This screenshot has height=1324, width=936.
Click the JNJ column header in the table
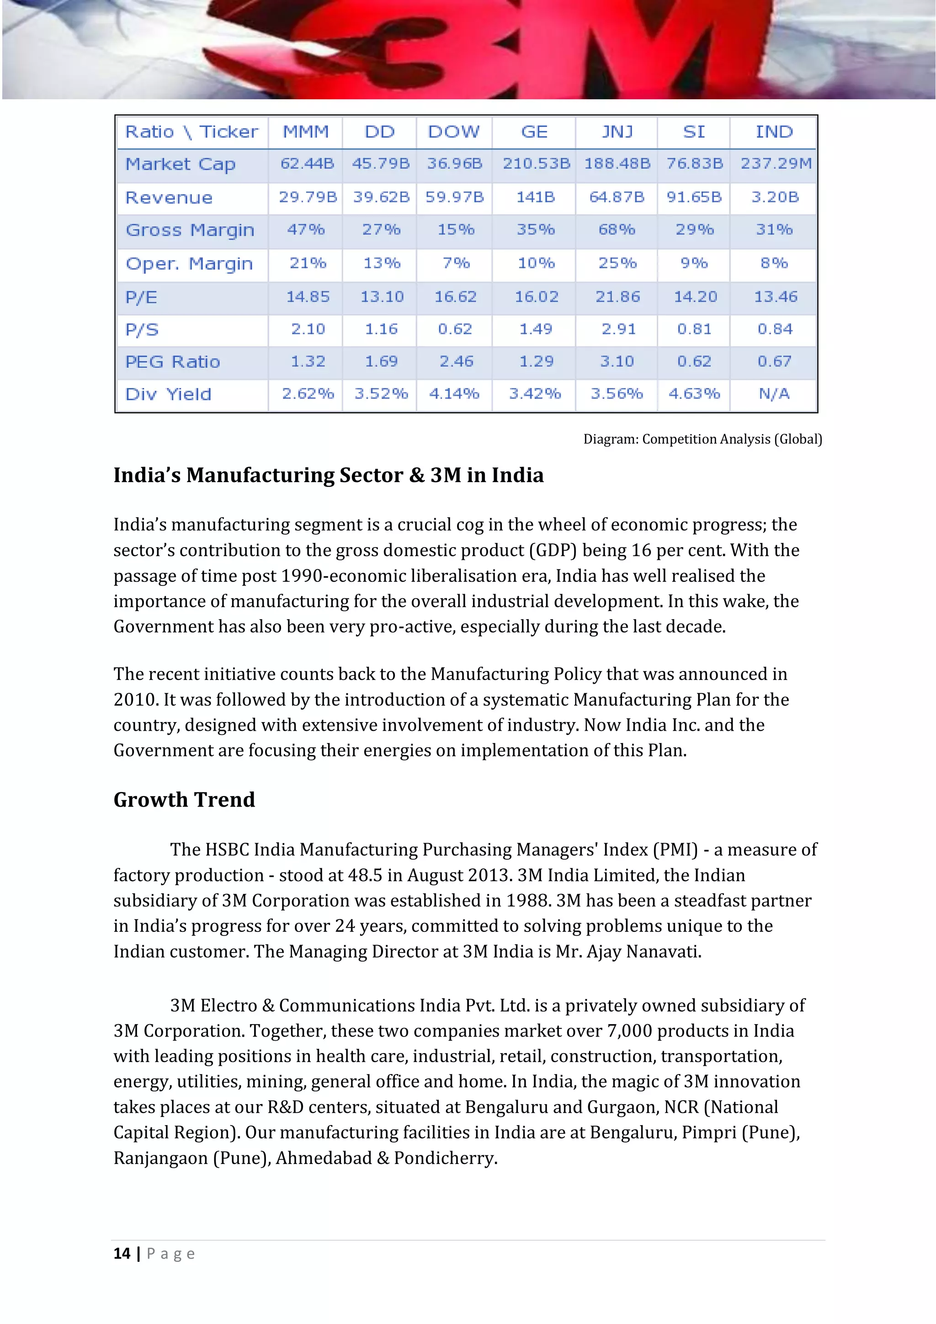tap(617, 132)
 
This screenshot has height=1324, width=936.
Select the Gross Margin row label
tap(190, 230)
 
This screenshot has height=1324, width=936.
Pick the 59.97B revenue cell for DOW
tap(454, 197)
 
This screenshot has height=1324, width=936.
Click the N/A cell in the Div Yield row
tap(774, 394)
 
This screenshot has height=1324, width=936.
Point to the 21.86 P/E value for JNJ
tap(617, 297)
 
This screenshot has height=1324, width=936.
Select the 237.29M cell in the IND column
tap(776, 164)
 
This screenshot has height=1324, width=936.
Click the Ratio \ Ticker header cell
tap(191, 132)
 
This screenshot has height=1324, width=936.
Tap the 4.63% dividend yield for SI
tap(694, 394)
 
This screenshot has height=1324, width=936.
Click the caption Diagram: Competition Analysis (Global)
tap(702, 439)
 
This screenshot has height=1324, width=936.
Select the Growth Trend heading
tap(184, 800)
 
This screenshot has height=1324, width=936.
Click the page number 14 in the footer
tap(122, 1254)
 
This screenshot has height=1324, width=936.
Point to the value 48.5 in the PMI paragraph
tap(364, 875)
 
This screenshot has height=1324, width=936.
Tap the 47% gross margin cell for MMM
tap(306, 230)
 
